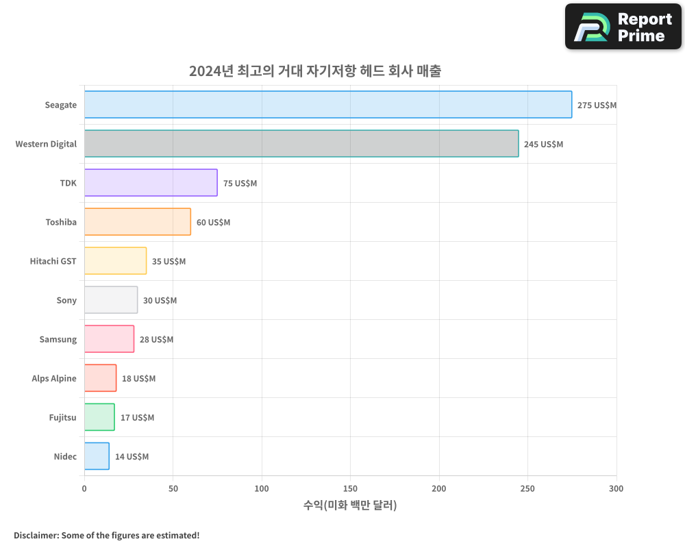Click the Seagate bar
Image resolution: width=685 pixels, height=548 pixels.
328,105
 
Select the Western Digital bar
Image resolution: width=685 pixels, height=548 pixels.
301,144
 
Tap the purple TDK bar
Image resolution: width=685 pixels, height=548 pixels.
151,183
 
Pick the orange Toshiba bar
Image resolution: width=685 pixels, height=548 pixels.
138,222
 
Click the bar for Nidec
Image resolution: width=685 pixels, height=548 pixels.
97,456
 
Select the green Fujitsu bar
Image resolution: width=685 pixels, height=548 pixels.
99,417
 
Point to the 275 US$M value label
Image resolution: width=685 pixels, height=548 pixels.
597,105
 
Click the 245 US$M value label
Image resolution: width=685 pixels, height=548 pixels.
543,145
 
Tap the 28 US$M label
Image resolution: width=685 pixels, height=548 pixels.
156,340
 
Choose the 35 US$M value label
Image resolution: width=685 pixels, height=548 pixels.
169,262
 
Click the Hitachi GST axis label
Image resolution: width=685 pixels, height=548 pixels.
53,261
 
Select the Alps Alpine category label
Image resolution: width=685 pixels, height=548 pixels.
54,378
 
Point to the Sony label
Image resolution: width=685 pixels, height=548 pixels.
66,300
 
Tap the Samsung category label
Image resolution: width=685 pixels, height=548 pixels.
58,339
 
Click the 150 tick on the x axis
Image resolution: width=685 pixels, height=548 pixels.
350,488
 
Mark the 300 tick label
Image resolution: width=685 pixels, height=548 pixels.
616,488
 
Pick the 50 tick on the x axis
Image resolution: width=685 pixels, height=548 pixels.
173,488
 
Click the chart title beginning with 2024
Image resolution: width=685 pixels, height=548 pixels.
315,71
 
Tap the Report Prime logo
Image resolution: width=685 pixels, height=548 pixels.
623,27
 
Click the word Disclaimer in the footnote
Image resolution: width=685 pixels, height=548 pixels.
35,535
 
